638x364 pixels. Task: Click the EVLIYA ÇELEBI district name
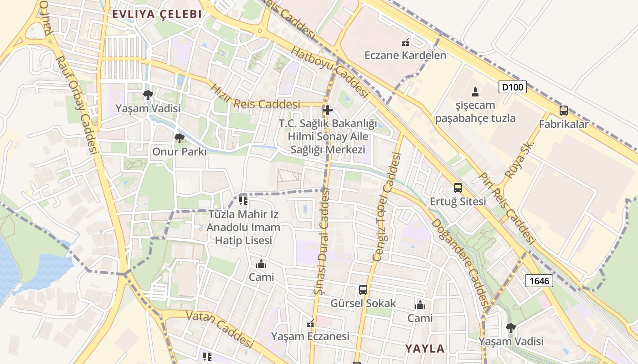pyautogui.click(x=157, y=14)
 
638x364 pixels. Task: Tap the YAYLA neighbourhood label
pyautogui.click(x=425, y=349)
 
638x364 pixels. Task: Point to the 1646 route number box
pyautogui.click(x=539, y=281)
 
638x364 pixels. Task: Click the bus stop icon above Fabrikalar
pyautogui.click(x=563, y=111)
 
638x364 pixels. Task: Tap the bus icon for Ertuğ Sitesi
pyautogui.click(x=458, y=188)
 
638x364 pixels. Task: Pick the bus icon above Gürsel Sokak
pyautogui.click(x=363, y=290)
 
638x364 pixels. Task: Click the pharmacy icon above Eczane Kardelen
pyautogui.click(x=405, y=43)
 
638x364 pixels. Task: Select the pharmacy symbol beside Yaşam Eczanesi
pyautogui.click(x=310, y=324)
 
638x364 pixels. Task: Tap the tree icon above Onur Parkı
pyautogui.click(x=180, y=138)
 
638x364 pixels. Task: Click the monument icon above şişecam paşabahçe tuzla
pyautogui.click(x=475, y=92)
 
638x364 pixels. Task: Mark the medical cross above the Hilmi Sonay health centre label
pyautogui.click(x=327, y=110)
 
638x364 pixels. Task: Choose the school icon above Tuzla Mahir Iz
pyautogui.click(x=243, y=200)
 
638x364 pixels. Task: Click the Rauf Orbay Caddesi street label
pyautogui.click(x=77, y=105)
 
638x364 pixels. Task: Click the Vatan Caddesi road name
pyautogui.click(x=220, y=328)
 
